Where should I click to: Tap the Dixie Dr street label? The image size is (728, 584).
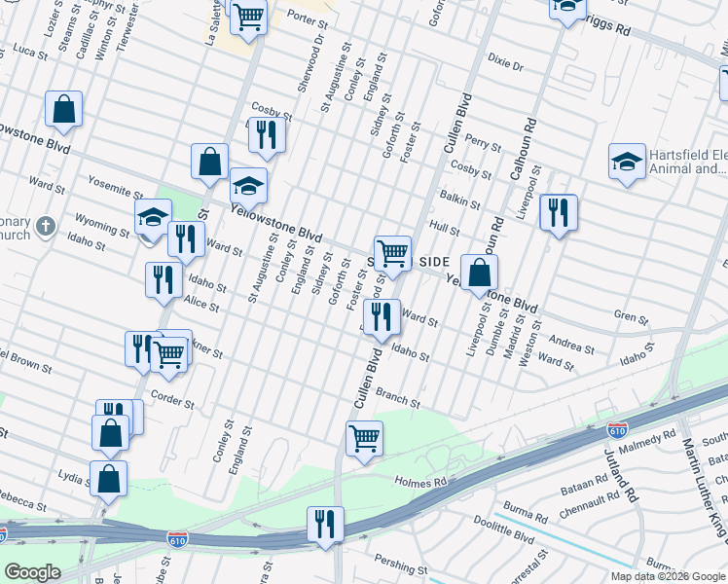tap(506, 66)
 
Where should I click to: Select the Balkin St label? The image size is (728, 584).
tap(460, 201)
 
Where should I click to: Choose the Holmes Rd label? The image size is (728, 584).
tap(420, 481)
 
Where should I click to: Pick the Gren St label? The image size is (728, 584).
tap(631, 315)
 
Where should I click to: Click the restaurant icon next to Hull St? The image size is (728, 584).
tap(558, 212)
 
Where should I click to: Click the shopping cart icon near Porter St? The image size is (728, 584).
tap(248, 15)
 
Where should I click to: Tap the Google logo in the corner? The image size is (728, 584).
tap(32, 572)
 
